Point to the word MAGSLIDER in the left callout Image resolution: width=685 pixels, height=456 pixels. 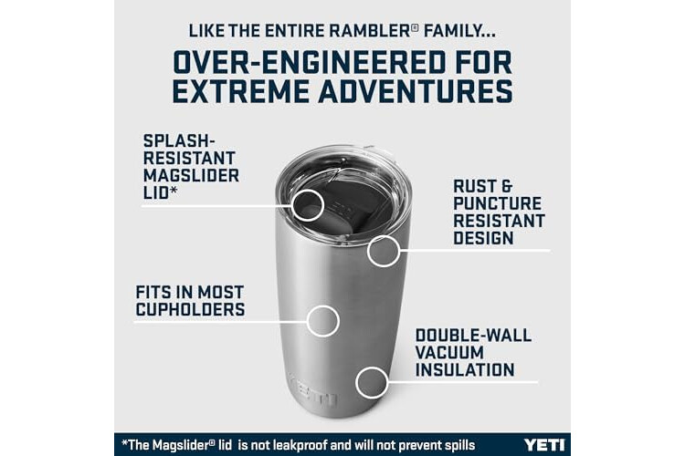pyautogui.click(x=192, y=175)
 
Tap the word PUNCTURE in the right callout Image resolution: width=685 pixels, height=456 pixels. pyautogui.click(x=497, y=203)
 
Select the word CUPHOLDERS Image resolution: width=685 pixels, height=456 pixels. pyautogui.click(x=190, y=309)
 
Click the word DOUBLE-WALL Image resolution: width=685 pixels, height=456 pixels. pyautogui.click(x=473, y=335)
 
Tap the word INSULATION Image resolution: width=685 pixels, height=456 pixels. pyautogui.click(x=465, y=370)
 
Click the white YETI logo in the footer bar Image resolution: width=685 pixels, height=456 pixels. pyautogui.click(x=544, y=445)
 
